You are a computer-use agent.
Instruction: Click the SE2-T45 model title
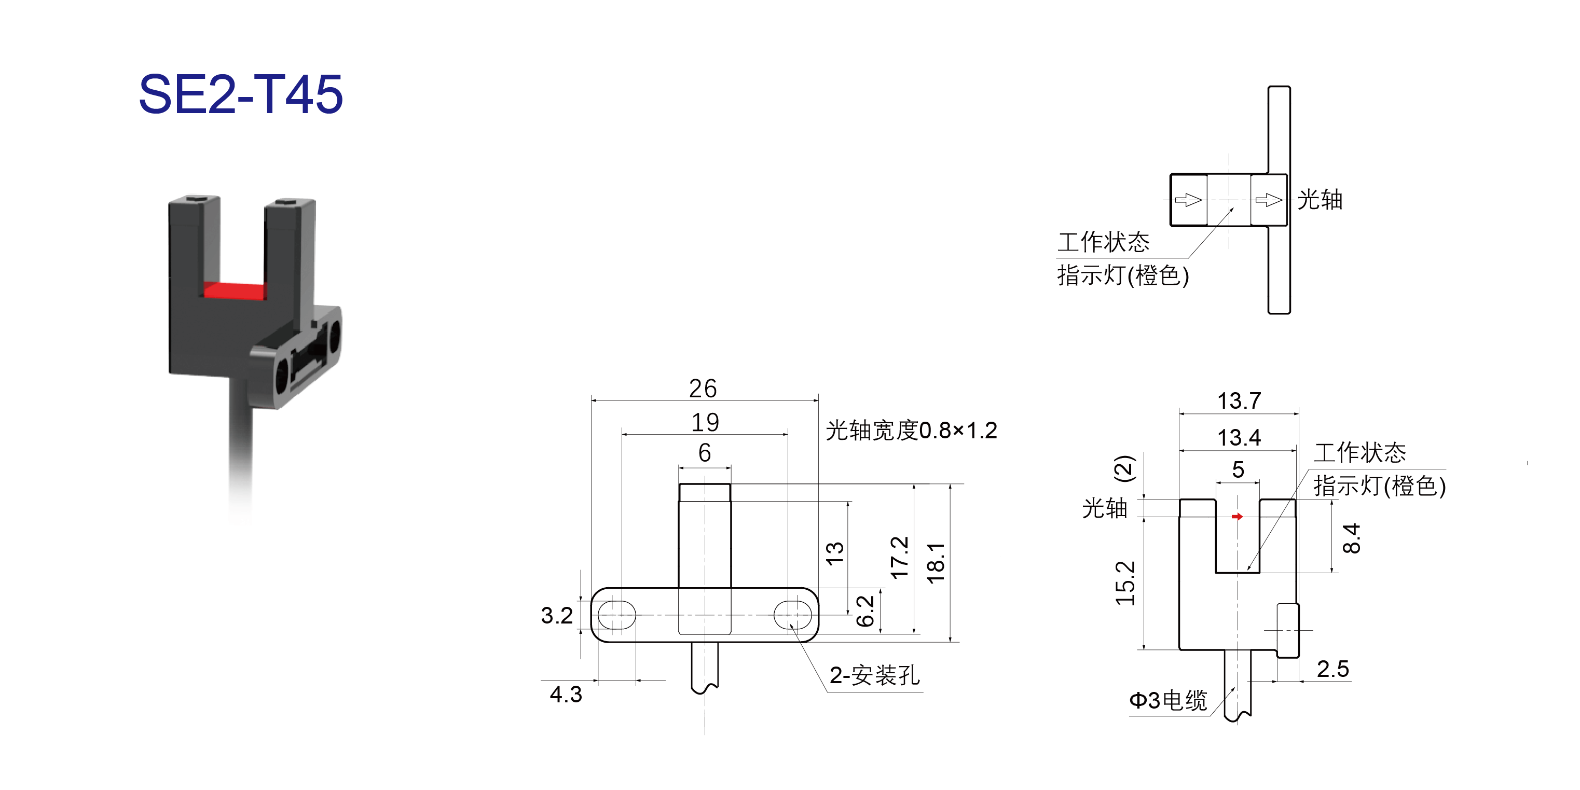pyautogui.click(x=240, y=94)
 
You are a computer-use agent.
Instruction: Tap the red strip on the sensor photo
pyautogui.click(x=235, y=290)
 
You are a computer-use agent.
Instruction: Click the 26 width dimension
pyautogui.click(x=703, y=388)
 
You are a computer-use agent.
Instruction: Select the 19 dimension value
pyautogui.click(x=705, y=422)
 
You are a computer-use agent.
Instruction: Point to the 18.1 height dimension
pyautogui.click(x=936, y=563)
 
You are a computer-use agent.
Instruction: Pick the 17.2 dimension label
pyautogui.click(x=899, y=558)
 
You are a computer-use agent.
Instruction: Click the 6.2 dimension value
pyautogui.click(x=865, y=611)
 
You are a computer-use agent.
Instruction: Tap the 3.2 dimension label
pyautogui.click(x=556, y=615)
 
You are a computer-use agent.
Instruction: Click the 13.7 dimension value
pyautogui.click(x=1239, y=401)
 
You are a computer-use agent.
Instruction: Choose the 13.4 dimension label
pyautogui.click(x=1239, y=438)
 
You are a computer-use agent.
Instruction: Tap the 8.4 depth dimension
pyautogui.click(x=1351, y=538)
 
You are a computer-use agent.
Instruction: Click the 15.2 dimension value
pyautogui.click(x=1125, y=584)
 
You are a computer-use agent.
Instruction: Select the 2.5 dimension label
pyautogui.click(x=1333, y=669)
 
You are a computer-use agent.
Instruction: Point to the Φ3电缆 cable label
pyautogui.click(x=1168, y=700)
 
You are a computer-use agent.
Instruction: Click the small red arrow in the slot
pyautogui.click(x=1237, y=517)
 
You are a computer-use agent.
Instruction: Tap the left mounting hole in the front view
pyautogui.click(x=616, y=615)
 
